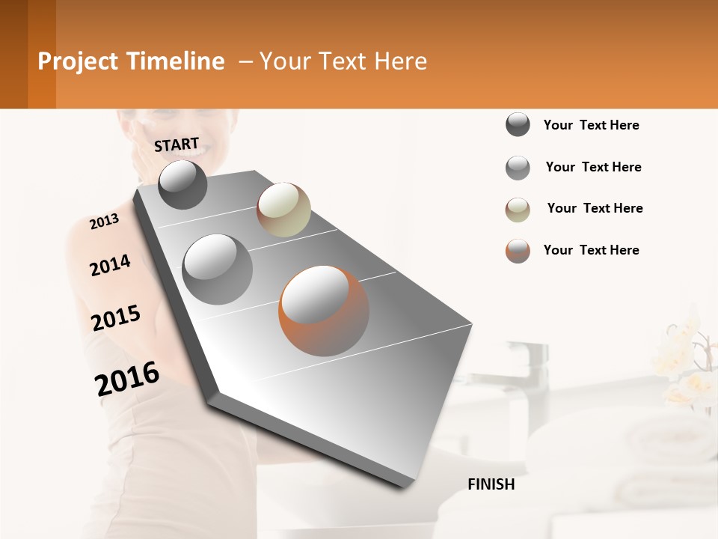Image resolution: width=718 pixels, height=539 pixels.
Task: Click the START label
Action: tap(177, 144)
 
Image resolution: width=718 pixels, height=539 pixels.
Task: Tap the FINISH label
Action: tap(491, 484)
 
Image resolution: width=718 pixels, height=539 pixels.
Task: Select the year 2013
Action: tap(104, 222)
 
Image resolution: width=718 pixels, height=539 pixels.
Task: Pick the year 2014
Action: tap(110, 265)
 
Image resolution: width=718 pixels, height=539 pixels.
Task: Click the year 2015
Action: tap(116, 318)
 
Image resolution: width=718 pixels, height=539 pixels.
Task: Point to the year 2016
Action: tap(127, 379)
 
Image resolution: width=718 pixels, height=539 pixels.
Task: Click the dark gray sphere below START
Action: tap(183, 184)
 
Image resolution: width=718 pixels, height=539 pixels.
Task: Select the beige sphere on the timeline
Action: tap(283, 210)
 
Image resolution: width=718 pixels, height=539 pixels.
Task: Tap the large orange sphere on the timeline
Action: tap(324, 311)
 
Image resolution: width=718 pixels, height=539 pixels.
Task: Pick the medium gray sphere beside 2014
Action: tap(218, 269)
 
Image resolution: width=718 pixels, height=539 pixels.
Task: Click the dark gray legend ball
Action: tap(518, 125)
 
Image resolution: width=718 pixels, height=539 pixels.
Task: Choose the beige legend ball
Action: tap(518, 210)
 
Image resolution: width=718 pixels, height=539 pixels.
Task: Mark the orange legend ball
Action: tap(518, 251)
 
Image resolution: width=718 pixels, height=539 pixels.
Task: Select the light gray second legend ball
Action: tap(518, 168)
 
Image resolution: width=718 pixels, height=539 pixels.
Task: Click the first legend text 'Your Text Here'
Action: tap(591, 125)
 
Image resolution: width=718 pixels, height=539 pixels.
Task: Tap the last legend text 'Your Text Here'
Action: tap(591, 250)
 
